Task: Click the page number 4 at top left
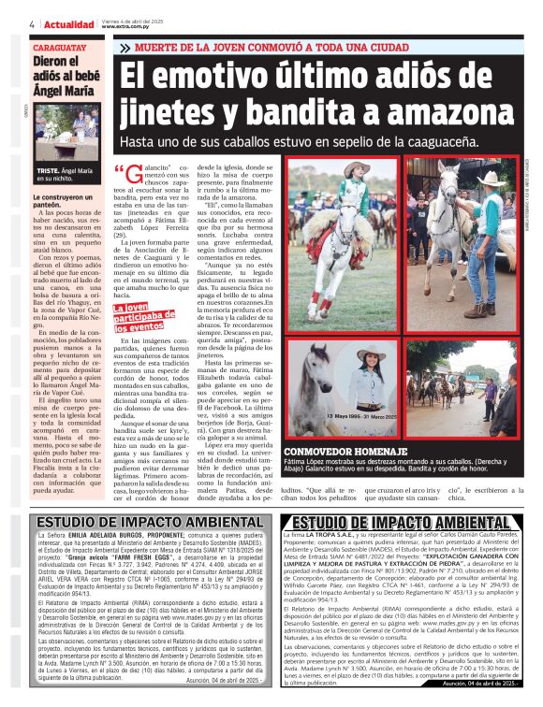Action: point(32,24)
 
